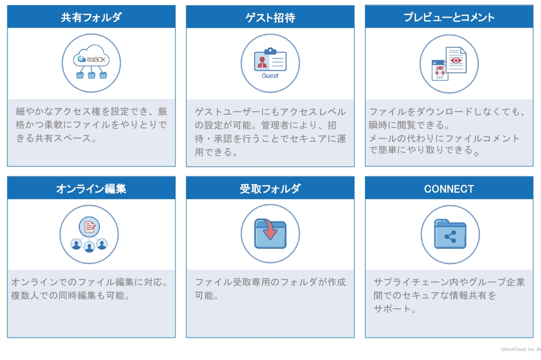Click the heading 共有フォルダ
pyautogui.click(x=91, y=17)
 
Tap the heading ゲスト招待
pyautogui.click(x=270, y=17)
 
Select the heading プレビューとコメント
pyautogui.click(x=449, y=17)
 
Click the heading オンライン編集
pyautogui.click(x=91, y=188)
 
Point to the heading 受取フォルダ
pyautogui.click(x=270, y=188)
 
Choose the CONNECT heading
pyautogui.click(x=449, y=189)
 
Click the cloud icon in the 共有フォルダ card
pyautogui.click(x=92, y=56)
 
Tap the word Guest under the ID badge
pyautogui.click(x=270, y=75)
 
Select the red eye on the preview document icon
pyautogui.click(x=456, y=60)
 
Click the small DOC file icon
pyautogui.click(x=440, y=70)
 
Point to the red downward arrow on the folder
pyautogui.click(x=270, y=229)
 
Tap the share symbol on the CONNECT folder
pyautogui.click(x=450, y=236)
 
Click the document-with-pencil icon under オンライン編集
pyautogui.click(x=89, y=227)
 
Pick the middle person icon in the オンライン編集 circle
pyautogui.click(x=89, y=247)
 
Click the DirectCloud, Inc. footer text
pyautogui.click(x=521, y=349)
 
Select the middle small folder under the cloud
pyautogui.click(x=92, y=75)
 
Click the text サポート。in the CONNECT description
pyautogui.click(x=395, y=309)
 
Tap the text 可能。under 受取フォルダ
pyautogui.click(x=206, y=296)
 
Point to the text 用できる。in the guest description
pyautogui.click(x=216, y=152)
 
